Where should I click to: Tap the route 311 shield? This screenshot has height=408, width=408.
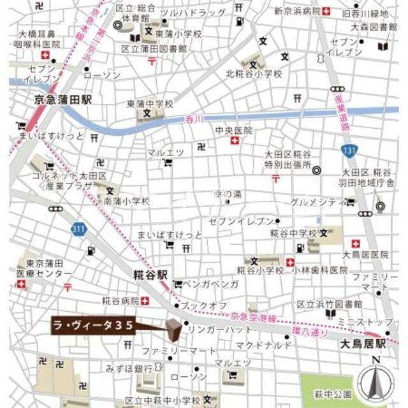click(x=78, y=228)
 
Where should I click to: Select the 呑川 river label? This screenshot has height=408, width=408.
click(x=193, y=119)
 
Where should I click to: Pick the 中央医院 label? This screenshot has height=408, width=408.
click(x=234, y=130)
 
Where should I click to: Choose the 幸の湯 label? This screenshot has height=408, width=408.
click(x=227, y=194)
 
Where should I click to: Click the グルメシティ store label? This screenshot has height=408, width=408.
click(x=313, y=203)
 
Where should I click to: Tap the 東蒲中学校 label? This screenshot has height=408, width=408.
click(x=150, y=103)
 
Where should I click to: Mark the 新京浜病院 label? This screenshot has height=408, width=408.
click(x=296, y=11)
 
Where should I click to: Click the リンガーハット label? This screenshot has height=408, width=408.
click(x=221, y=330)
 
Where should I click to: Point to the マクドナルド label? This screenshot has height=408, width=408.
click(x=264, y=345)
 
